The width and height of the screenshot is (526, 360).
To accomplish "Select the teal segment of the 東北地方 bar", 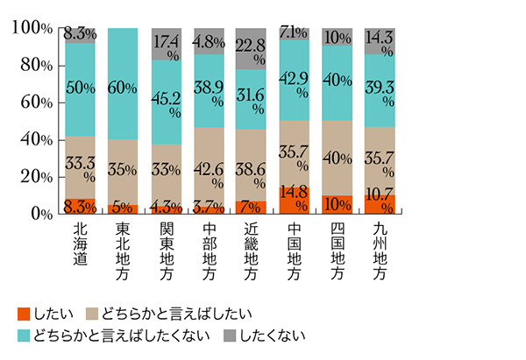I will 123,83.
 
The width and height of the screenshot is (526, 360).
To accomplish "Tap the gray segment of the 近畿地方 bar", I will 252,48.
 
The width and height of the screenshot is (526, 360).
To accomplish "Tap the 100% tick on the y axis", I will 34,28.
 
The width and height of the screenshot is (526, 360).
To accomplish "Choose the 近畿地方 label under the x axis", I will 252,252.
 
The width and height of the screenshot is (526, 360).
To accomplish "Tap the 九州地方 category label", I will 380,252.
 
